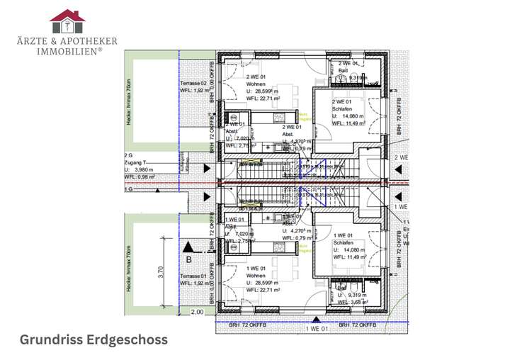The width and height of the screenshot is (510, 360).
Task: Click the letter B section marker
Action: [x=188, y=259]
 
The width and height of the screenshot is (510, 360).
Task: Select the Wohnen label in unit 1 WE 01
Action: [x=256, y=276]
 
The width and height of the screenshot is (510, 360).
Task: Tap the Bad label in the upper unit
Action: [x=343, y=71]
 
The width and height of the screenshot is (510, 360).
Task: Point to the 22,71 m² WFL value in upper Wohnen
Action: [x=262, y=99]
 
